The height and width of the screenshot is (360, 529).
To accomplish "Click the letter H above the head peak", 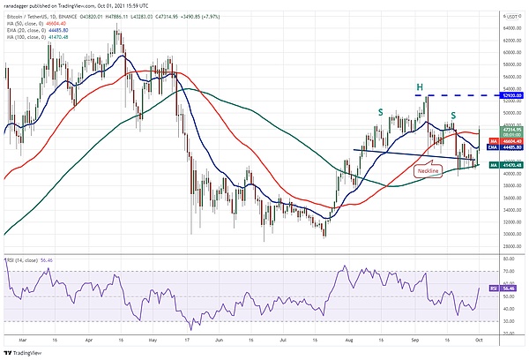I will pyautogui.click(x=420, y=86).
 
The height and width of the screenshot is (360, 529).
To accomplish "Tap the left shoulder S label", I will pyautogui.click(x=380, y=112).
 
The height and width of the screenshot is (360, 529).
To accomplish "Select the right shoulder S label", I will pyautogui.click(x=453, y=116).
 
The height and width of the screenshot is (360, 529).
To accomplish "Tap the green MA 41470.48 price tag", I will pyautogui.click(x=505, y=164).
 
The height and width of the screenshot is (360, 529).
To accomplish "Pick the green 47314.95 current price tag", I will pyautogui.click(x=505, y=129).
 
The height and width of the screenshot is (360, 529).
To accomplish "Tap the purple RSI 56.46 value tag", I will pyautogui.click(x=505, y=288).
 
